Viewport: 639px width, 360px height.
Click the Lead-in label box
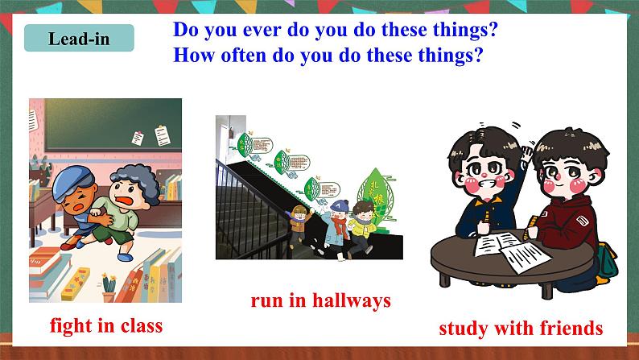point(79,38)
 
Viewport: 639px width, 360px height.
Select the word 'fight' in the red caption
point(72,326)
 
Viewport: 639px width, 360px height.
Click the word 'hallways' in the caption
point(351,301)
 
